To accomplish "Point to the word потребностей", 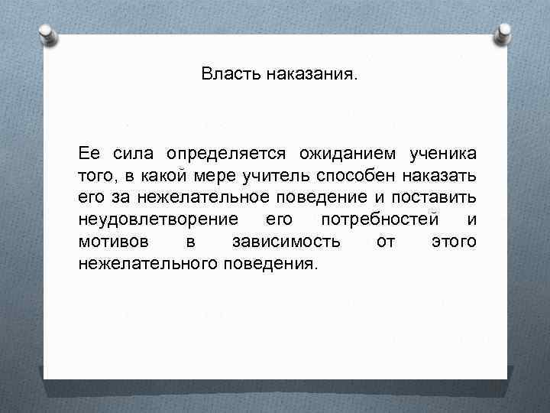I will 380,220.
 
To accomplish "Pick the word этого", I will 455,242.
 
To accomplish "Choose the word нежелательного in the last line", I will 147,264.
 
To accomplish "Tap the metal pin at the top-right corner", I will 505,35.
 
